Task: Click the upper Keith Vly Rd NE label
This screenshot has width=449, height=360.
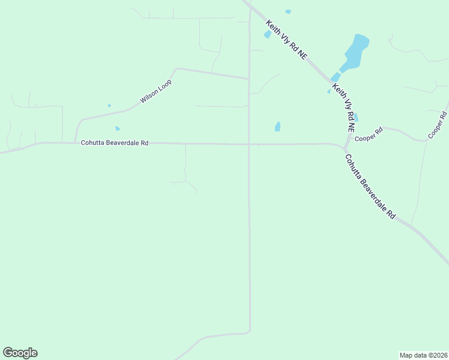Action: (x=287, y=40)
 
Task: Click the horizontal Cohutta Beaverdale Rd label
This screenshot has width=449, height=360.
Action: (x=115, y=143)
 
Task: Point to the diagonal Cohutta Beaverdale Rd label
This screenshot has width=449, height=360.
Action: (x=370, y=187)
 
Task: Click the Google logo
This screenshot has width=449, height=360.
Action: (x=20, y=353)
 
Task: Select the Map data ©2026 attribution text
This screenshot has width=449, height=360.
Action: (x=423, y=355)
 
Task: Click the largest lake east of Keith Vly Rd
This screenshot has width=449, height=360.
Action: (x=357, y=50)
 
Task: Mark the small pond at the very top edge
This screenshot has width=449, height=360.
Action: (x=288, y=11)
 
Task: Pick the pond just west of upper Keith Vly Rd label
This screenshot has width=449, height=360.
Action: (x=268, y=34)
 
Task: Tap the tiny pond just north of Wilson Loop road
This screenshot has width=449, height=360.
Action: (x=109, y=106)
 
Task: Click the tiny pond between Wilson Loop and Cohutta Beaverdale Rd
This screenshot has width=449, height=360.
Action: (x=117, y=128)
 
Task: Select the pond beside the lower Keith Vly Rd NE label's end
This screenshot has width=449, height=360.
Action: (x=356, y=118)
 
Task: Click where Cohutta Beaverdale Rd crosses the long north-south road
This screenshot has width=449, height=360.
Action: (x=249, y=144)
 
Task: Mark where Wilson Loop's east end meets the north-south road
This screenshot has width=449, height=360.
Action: (x=249, y=79)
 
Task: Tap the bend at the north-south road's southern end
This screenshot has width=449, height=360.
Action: (x=249, y=331)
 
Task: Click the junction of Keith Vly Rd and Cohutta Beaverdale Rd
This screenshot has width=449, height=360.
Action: (x=345, y=148)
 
